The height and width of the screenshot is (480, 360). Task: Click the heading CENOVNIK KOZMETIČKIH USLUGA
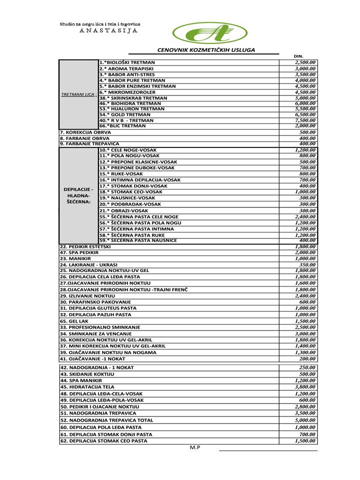tap(206, 50)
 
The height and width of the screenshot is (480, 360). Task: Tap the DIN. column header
tap(299, 56)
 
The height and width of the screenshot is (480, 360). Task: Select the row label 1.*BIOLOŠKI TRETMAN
tap(127, 62)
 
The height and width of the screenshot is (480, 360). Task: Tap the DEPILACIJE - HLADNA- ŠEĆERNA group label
tap(78, 195)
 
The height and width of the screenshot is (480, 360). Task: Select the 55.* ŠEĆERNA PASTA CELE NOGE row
tap(138, 217)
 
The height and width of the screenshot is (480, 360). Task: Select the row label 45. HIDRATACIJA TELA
tap(87, 386)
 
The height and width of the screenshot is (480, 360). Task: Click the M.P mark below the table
tap(195, 447)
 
